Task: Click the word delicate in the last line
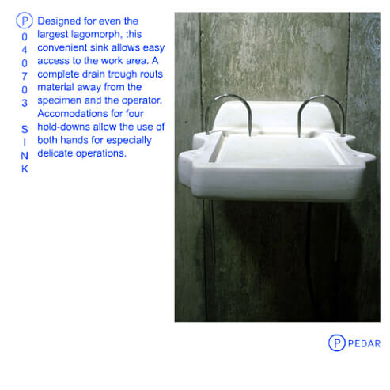[55, 153]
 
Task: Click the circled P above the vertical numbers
[25, 21]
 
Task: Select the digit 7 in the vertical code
[25, 76]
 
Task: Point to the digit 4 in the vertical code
[25, 50]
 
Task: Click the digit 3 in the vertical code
[25, 103]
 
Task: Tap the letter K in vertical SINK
[25, 168]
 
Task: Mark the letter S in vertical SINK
[25, 129]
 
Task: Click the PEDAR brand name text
[364, 343]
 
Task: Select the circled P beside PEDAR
[336, 343]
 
